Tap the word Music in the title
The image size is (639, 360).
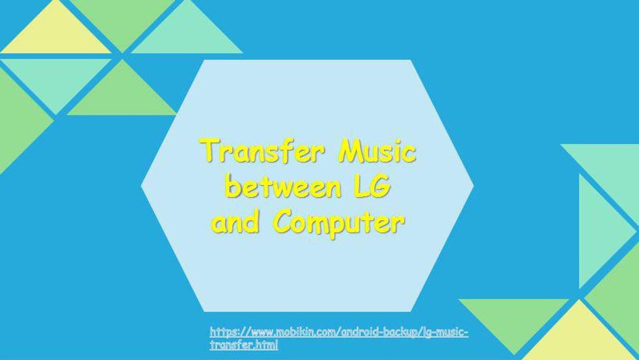tap(378, 151)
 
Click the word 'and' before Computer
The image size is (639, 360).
tap(235, 221)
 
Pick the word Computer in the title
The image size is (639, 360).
tap(339, 224)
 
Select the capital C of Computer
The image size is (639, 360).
tap(282, 222)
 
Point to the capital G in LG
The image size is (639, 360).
tap(380, 187)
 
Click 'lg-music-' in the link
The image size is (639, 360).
tap(445, 333)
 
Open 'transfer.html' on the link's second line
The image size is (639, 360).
tap(244, 345)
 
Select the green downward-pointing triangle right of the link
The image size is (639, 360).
tap(514, 320)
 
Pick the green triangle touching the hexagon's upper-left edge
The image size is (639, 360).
tap(122, 93)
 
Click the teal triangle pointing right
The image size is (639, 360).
tap(602, 231)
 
